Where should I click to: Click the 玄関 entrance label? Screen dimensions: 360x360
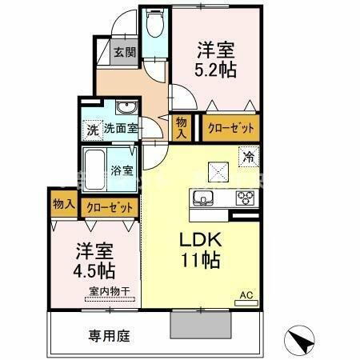(x=124, y=53)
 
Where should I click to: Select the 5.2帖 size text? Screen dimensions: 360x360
(x=215, y=70)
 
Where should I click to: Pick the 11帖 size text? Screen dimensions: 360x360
(x=201, y=261)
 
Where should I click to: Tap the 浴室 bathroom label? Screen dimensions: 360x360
(x=122, y=170)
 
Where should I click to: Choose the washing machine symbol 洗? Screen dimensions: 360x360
(x=91, y=128)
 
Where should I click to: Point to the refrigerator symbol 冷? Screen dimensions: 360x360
(x=250, y=158)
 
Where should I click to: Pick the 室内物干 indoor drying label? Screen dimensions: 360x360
(x=104, y=290)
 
